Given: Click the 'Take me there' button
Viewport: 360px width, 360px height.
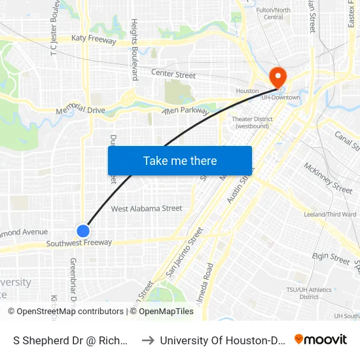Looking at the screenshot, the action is [x=180, y=160].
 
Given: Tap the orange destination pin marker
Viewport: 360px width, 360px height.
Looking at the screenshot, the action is [x=278, y=78].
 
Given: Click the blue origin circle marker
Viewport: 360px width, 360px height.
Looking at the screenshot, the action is [x=83, y=230].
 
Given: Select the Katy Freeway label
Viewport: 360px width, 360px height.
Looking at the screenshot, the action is [x=94, y=41].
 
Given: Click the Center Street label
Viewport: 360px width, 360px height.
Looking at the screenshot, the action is [x=173, y=75].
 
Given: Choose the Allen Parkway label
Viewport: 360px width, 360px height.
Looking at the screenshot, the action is [x=185, y=111].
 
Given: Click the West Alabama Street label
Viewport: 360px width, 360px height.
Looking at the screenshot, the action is [x=147, y=209].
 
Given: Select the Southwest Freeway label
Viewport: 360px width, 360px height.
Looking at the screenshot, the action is [x=79, y=243].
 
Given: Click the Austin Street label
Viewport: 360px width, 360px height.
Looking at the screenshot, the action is [x=239, y=185].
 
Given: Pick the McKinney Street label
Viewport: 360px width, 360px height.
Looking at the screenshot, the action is [x=328, y=177].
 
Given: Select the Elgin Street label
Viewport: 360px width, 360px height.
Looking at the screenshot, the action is [x=330, y=260].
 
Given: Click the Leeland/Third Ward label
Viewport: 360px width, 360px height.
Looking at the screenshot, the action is [x=330, y=214].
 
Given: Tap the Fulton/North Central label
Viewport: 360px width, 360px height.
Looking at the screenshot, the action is [x=273, y=14].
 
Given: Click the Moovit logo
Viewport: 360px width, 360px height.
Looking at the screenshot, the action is [x=321, y=340].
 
